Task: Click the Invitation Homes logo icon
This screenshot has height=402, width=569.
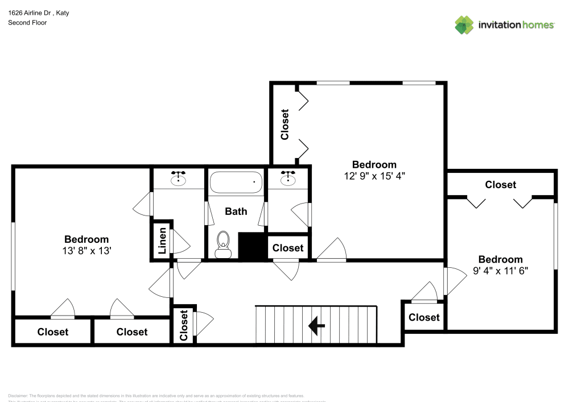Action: (464, 24)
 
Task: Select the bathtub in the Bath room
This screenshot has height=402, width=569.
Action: (236, 183)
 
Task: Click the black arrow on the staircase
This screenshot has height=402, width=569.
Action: (316, 326)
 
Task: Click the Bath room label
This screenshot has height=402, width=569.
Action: (236, 212)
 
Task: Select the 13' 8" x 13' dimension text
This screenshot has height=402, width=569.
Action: (86, 250)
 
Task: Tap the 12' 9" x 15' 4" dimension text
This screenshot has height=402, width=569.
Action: (374, 176)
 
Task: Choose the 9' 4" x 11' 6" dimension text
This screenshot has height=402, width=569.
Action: (501, 271)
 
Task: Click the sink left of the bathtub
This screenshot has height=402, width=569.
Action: (179, 179)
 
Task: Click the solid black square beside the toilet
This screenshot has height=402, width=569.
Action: (252, 246)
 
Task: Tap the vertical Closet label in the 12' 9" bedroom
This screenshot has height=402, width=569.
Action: (285, 124)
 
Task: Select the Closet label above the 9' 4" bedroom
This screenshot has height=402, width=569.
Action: (501, 185)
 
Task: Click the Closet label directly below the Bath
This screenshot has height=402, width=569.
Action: (288, 248)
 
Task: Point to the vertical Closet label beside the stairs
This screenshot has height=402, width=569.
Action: (184, 325)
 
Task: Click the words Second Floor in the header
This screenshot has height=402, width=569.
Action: (27, 23)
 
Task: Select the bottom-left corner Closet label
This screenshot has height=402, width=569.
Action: (53, 332)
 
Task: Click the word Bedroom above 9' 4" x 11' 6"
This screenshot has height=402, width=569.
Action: (500, 260)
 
